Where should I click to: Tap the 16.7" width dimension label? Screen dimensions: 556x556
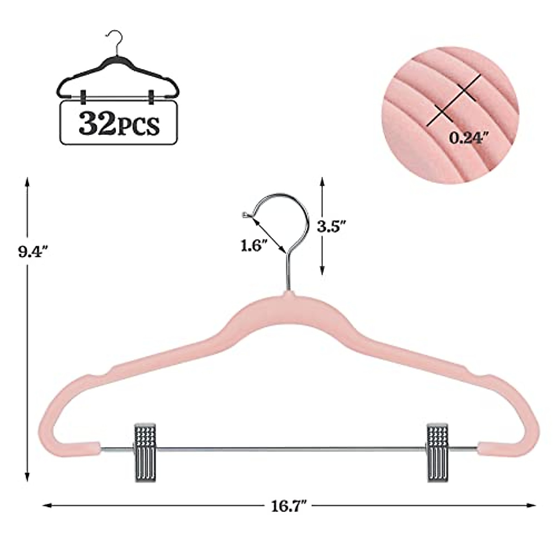290,505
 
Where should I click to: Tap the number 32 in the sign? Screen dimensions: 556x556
95,123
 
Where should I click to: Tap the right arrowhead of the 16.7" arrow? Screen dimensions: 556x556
532,505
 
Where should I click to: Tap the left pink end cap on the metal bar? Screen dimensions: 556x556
86,448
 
